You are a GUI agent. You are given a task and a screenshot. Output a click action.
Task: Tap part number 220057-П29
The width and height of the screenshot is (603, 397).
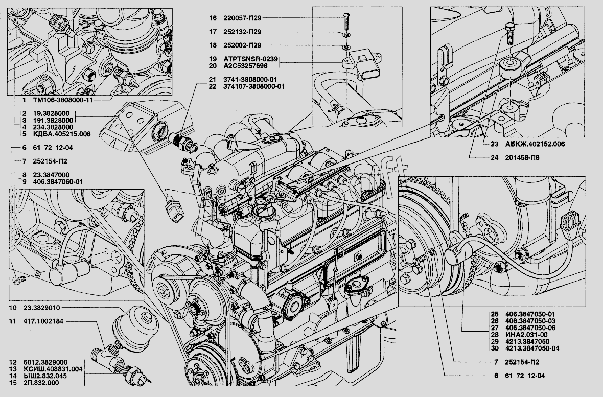242,18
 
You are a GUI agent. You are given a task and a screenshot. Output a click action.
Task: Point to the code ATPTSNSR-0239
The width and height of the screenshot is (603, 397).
250,59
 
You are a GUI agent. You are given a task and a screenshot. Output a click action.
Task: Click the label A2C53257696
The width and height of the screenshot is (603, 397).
245,66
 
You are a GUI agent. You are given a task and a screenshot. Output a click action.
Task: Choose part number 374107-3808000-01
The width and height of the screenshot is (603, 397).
254,86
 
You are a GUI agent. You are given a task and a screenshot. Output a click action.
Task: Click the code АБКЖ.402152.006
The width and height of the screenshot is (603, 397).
535,144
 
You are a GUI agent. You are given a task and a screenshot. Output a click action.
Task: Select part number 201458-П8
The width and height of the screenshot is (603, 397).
522,158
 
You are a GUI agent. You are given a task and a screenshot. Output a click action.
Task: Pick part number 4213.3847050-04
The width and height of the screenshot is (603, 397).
532,348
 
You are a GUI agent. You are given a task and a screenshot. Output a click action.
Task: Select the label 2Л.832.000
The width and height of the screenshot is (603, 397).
41,383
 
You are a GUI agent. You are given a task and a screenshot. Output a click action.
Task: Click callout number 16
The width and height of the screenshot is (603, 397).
213,18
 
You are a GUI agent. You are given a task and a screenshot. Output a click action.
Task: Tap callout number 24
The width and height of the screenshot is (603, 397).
494,158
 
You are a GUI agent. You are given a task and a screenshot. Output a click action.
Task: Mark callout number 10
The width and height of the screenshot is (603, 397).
13,308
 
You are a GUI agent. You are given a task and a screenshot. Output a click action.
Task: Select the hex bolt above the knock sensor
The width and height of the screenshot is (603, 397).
509,34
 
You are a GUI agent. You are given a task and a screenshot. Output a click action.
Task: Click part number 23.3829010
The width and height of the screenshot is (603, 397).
41,308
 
